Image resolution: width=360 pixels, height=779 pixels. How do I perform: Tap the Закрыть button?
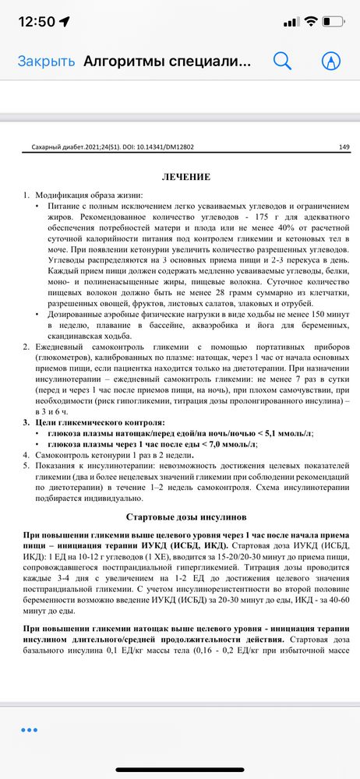click(46, 62)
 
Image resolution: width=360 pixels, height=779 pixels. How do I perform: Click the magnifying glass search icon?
click(282, 61)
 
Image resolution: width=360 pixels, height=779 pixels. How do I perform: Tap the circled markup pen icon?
click(332, 61)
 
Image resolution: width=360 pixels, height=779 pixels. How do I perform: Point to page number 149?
click(344, 146)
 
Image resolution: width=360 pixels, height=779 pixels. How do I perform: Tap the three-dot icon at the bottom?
click(30, 729)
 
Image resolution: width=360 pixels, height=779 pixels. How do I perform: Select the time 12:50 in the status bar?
click(37, 21)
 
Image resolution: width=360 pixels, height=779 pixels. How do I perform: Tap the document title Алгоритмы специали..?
click(168, 62)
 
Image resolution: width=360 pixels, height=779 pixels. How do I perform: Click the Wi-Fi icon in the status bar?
click(311, 21)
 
